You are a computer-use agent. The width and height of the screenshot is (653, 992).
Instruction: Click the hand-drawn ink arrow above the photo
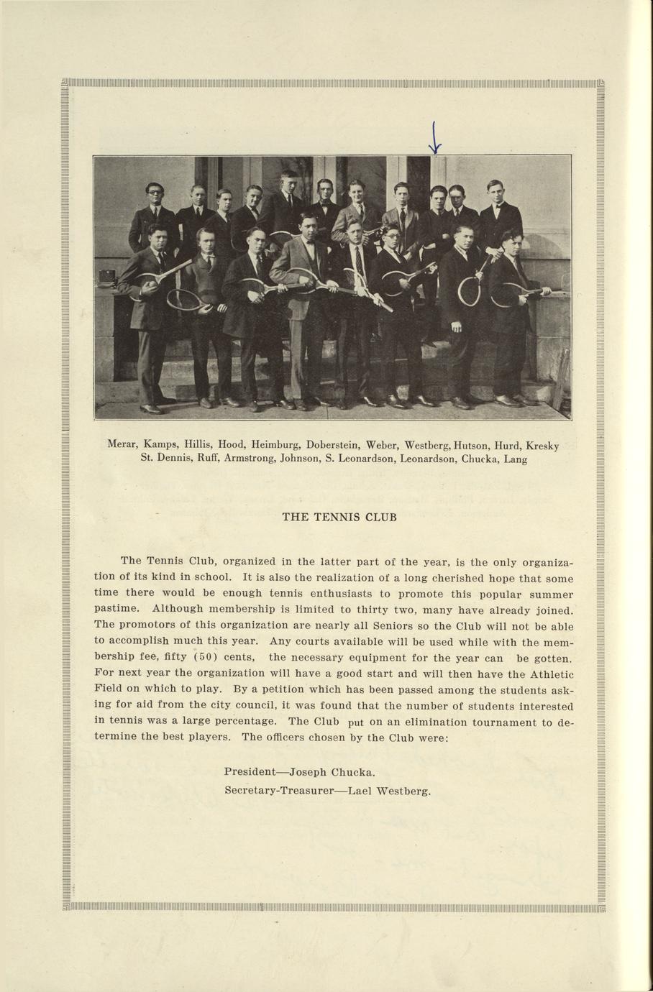point(434,139)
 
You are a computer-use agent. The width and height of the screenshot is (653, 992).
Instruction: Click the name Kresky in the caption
point(542,446)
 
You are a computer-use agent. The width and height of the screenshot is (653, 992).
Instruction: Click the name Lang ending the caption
point(515,459)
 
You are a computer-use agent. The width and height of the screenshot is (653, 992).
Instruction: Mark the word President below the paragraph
point(250,772)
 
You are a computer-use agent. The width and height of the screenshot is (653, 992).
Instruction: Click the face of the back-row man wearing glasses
point(154,193)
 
